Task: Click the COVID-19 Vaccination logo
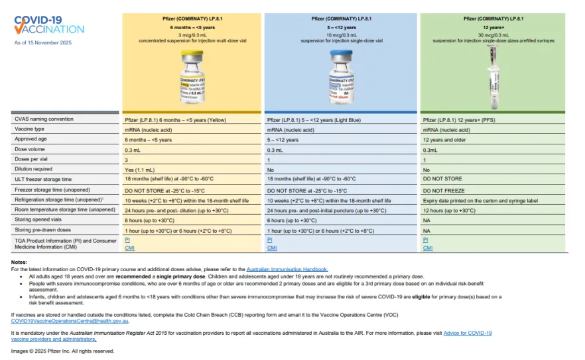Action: (49, 25)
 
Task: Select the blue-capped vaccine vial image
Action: (341, 78)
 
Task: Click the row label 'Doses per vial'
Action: (31, 160)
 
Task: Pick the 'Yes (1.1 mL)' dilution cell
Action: (141, 170)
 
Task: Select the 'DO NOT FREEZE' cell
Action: (444, 190)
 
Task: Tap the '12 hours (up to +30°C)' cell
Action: (450, 210)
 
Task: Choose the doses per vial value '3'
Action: (126, 160)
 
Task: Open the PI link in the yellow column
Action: (127, 239)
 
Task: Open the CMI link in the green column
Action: (428, 247)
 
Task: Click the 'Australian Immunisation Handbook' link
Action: (287, 269)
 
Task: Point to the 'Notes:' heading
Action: (19, 263)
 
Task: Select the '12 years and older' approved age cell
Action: (446, 140)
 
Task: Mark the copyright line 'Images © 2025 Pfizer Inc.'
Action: (62, 351)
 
